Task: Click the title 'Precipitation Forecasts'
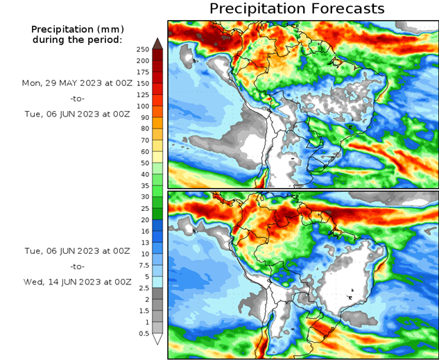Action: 296,9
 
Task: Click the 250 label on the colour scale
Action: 144,49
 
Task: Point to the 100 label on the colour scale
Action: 144,106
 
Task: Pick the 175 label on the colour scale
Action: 144,72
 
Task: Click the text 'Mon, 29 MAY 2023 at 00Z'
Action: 76,83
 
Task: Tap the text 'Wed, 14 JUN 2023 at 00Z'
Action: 76,282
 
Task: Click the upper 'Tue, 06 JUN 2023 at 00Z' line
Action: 76,113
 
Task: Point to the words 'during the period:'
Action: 76,40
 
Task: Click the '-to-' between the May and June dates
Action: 76,98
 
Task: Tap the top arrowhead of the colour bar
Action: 157,44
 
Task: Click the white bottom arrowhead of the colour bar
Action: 157,339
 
